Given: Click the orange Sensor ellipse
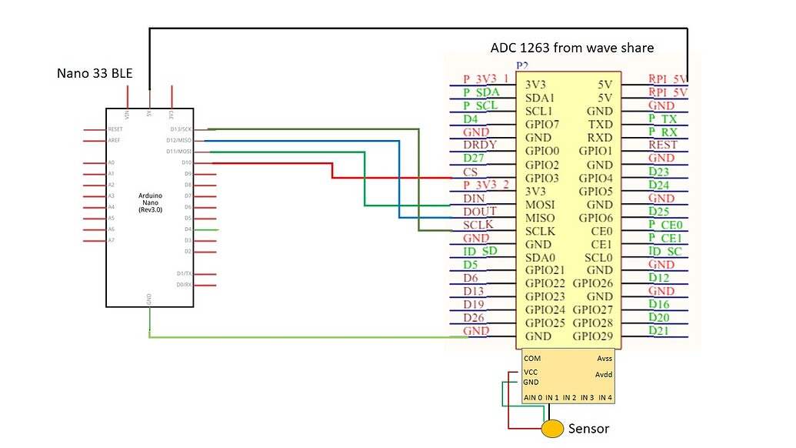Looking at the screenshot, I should click(x=551, y=429).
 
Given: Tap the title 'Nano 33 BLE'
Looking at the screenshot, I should click(x=94, y=74).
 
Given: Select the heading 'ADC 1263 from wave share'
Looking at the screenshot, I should click(x=571, y=48).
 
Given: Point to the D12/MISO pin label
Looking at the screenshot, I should click(x=178, y=141).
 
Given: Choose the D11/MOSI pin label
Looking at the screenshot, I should click(x=178, y=152).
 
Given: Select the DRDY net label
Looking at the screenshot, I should click(x=480, y=145).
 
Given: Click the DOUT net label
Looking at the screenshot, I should click(x=480, y=211).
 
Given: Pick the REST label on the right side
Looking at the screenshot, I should click(x=663, y=145).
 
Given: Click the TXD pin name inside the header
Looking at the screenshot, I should click(x=600, y=125).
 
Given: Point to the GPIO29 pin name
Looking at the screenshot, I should click(x=592, y=336).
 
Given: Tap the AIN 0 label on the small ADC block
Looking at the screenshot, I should click(x=532, y=397).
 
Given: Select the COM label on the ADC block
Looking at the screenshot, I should click(x=531, y=358).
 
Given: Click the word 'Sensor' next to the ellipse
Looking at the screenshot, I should click(x=588, y=429).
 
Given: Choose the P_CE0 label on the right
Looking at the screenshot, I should click(x=665, y=225).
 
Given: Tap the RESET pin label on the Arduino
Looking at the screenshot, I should click(x=115, y=129).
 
